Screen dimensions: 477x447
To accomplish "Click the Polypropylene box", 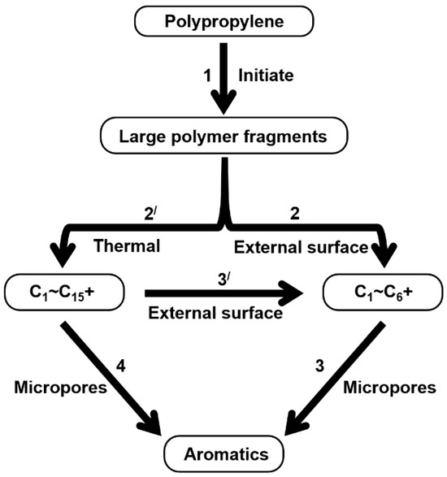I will (x=223, y=20).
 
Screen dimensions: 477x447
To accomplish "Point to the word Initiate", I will (x=265, y=76).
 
